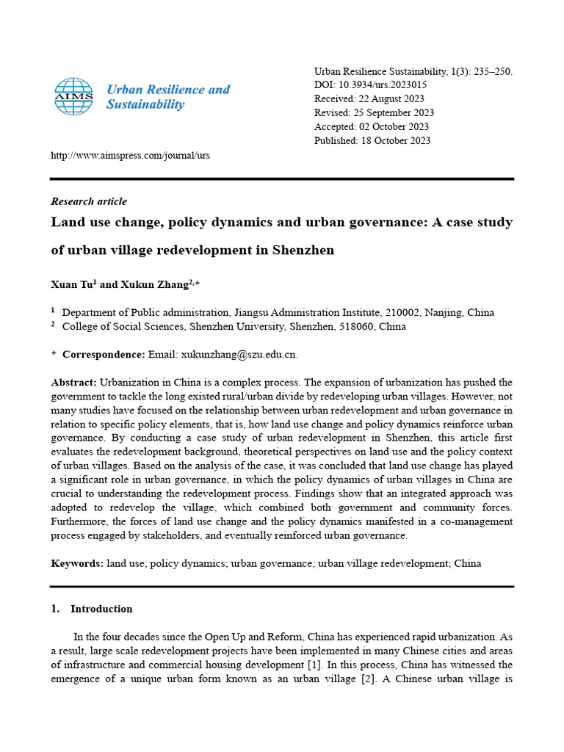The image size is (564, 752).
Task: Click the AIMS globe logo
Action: point(73,97)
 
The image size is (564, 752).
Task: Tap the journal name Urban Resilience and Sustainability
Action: point(167,97)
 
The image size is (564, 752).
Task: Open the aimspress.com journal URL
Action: point(130,156)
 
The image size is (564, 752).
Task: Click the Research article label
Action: point(89,201)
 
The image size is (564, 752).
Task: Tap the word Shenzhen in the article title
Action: point(302,250)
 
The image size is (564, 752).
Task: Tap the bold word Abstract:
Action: point(73,383)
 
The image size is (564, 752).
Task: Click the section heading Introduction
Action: point(101,609)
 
